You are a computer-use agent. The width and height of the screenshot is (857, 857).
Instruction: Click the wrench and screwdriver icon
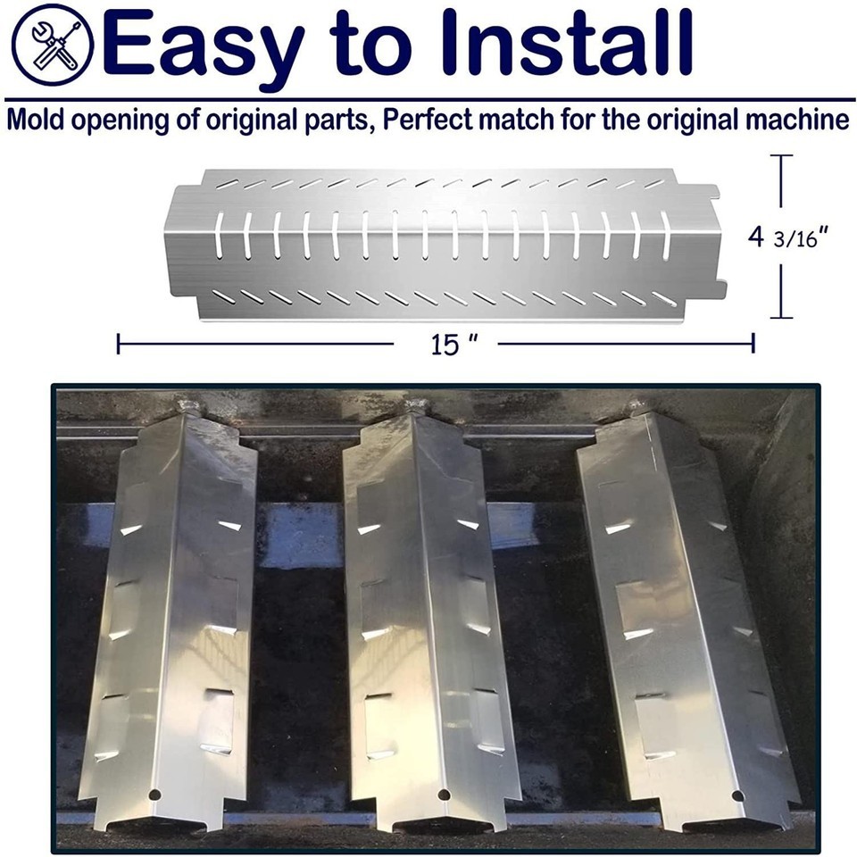pyautogui.click(x=52, y=45)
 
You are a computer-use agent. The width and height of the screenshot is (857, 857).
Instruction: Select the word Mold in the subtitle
pyautogui.click(x=36, y=119)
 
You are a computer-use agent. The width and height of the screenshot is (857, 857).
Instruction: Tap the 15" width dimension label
pyautogui.click(x=453, y=344)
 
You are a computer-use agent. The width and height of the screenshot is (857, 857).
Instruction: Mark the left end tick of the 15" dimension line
pyautogui.click(x=119, y=345)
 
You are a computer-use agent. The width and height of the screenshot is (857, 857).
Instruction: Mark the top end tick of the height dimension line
pyautogui.click(x=781, y=155)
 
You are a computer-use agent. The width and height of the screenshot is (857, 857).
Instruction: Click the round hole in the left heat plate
pyautogui.click(x=154, y=794)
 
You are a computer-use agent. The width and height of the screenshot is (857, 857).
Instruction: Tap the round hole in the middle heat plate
pyautogui.click(x=444, y=794)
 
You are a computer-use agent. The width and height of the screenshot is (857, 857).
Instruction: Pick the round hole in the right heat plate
pyautogui.click(x=737, y=795)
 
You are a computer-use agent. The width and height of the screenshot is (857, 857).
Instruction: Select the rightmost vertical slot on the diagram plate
pyautogui.click(x=665, y=235)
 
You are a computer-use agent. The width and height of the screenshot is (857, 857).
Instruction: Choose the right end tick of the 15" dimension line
pyautogui.click(x=753, y=344)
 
